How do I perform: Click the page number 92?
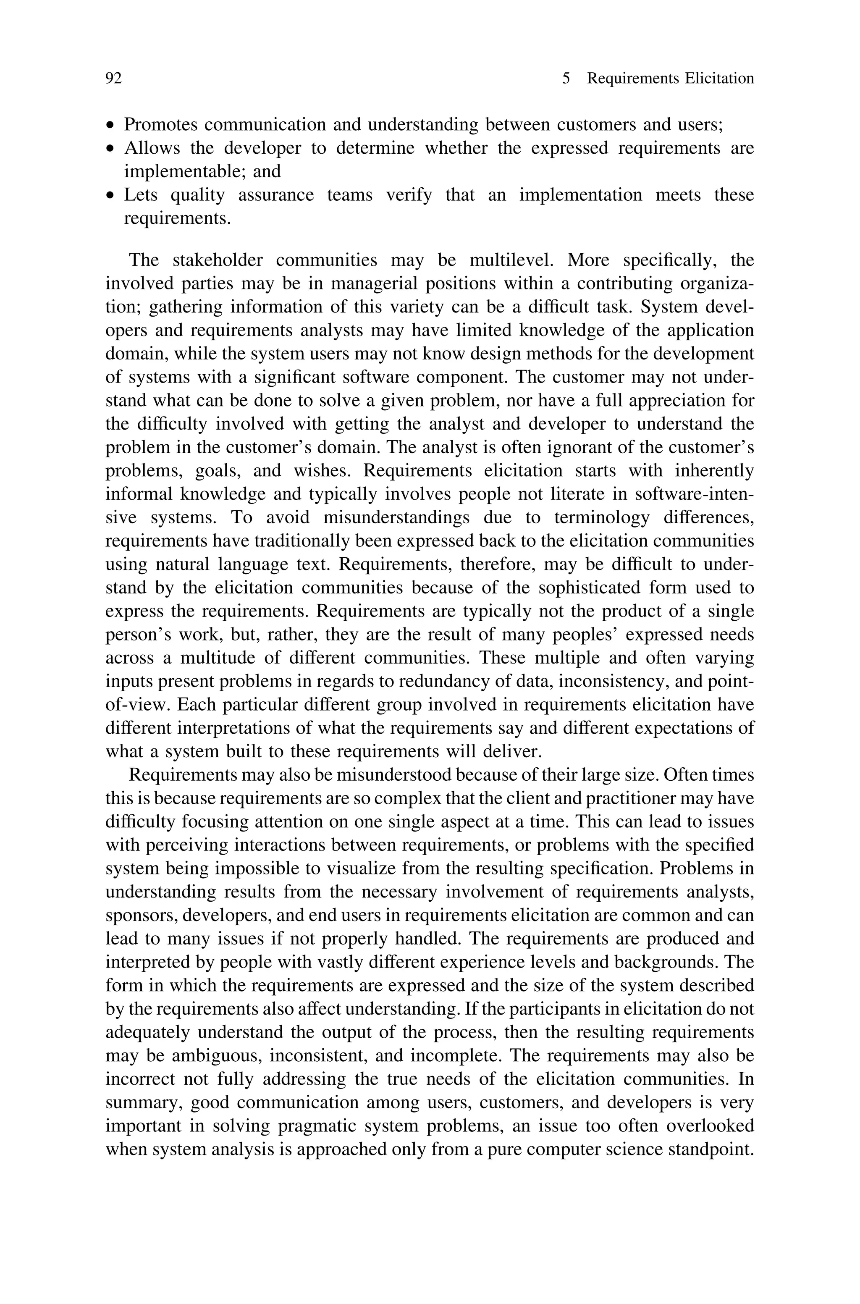coord(113,79)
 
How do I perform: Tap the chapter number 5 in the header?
coord(566,79)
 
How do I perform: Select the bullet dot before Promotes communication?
coord(111,126)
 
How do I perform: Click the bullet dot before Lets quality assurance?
coord(111,196)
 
